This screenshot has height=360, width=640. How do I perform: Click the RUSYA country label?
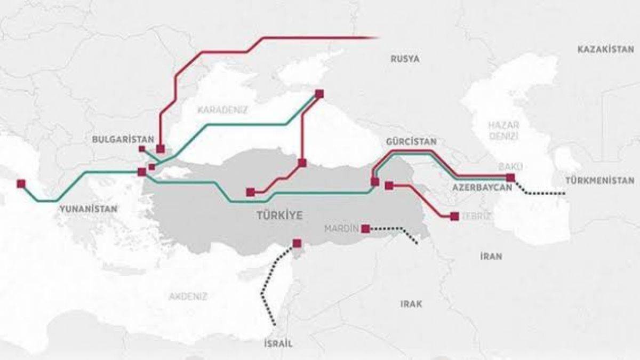(405, 59)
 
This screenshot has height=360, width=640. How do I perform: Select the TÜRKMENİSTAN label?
(601, 181)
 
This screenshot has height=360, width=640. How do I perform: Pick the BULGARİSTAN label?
(119, 139)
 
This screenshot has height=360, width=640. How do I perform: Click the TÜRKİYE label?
(279, 215)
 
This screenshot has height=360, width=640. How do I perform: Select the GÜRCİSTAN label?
(411, 142)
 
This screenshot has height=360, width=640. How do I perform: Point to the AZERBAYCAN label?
(482, 188)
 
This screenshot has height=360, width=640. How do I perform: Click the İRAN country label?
(491, 256)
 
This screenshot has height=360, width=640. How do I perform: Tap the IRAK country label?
(411, 304)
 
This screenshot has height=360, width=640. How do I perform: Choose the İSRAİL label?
(278, 344)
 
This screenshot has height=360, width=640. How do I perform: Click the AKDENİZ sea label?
(188, 297)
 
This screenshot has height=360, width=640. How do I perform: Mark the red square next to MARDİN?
(365, 229)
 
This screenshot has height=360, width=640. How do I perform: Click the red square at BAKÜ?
(510, 178)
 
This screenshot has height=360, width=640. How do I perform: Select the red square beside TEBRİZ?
(454, 216)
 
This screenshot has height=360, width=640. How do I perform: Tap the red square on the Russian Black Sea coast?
(319, 94)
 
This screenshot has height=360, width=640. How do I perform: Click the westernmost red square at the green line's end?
(21, 183)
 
